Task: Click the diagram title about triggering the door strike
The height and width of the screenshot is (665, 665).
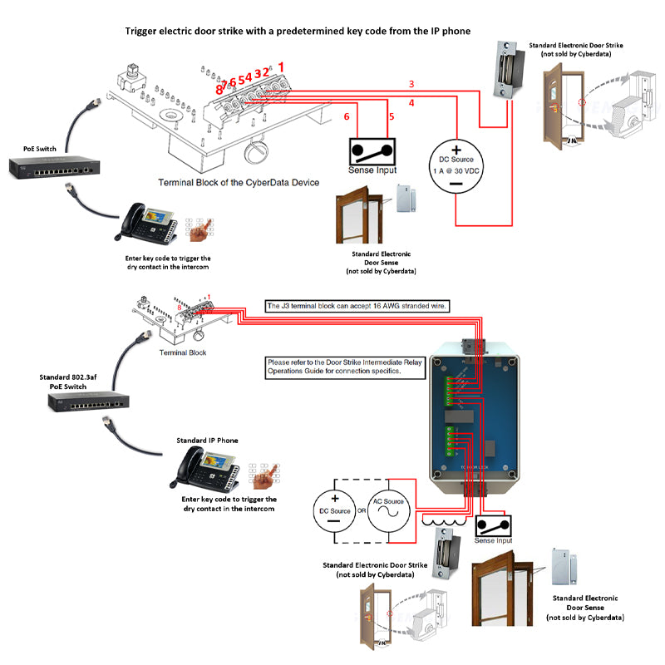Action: click(x=298, y=31)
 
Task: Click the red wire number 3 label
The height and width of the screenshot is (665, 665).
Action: click(x=411, y=85)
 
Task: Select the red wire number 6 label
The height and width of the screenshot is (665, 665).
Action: click(x=347, y=118)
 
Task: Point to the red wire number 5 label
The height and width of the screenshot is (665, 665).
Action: click(x=392, y=116)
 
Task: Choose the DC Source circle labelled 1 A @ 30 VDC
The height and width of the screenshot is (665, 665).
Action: click(x=456, y=165)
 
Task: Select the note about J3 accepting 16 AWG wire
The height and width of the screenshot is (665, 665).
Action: click(x=357, y=306)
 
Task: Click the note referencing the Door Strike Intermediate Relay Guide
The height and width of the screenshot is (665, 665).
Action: click(x=334, y=367)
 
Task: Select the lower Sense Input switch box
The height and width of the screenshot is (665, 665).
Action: click(x=494, y=529)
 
